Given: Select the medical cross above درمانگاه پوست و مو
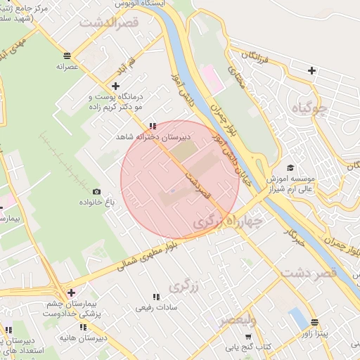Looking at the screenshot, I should pos(116,86).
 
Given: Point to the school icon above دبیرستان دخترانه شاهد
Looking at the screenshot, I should pos(153,127).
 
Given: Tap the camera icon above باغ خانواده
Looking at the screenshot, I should pos(96,191).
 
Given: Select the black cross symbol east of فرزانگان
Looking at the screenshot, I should pos(311,70).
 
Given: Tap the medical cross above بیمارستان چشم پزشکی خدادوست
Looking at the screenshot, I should pos(70,292).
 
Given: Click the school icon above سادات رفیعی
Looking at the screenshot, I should pos(156,296).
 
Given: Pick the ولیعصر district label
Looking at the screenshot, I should pos(237,321).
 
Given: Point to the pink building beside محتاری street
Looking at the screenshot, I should pos(214,77).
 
